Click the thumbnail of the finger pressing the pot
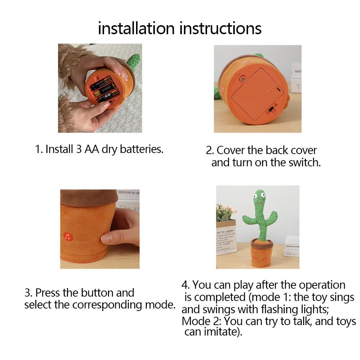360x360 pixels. [x=100, y=229]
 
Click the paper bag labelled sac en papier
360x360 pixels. [x=226, y=238]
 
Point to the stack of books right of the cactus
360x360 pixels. [x=292, y=246]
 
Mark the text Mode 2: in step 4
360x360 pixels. [x=202, y=321]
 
